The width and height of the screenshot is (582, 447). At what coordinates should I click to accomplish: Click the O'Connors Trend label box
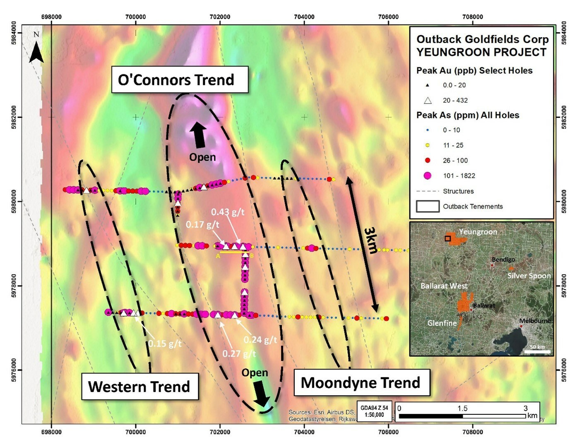click(x=180, y=79)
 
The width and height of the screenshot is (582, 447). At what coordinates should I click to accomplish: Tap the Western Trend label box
click(x=139, y=387)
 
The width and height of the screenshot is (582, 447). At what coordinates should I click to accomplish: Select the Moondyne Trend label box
click(x=361, y=382)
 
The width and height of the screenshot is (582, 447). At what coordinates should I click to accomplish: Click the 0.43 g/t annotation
click(x=228, y=212)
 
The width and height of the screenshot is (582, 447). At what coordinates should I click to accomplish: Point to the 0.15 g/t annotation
click(x=165, y=344)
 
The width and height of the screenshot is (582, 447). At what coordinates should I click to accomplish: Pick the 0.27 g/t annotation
click(x=239, y=354)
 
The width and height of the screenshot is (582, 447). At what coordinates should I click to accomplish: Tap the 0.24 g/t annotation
click(x=260, y=340)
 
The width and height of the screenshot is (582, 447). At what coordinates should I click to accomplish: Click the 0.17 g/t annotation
click(x=202, y=224)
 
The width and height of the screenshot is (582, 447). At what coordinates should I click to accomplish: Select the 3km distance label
click(x=371, y=240)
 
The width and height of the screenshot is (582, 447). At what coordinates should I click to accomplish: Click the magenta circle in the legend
click(x=428, y=175)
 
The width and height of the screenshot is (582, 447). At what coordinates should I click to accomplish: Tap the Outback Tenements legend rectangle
click(x=428, y=206)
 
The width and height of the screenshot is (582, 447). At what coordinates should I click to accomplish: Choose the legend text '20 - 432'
click(x=455, y=100)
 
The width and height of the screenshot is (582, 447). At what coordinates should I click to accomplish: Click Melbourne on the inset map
click(x=535, y=321)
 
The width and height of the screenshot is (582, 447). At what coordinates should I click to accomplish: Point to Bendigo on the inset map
click(x=503, y=260)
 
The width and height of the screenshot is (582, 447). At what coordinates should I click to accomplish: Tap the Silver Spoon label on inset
click(x=529, y=276)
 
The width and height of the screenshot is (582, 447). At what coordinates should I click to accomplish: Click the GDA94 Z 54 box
click(x=374, y=411)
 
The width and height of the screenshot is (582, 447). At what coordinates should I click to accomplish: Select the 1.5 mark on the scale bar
click(x=462, y=408)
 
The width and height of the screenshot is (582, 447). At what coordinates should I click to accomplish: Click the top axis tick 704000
click(x=304, y=17)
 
